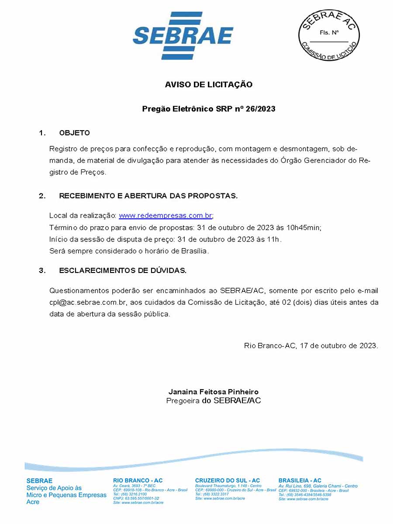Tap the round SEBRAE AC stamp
click(328, 34)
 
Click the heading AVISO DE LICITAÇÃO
click(209, 85)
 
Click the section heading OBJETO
click(75, 133)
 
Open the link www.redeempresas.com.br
click(165, 216)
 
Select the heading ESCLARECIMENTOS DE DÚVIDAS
click(123, 271)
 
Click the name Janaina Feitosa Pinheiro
click(214, 392)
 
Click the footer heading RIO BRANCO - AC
click(138, 480)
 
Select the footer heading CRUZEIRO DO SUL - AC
click(227, 480)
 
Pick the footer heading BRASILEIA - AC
click(300, 480)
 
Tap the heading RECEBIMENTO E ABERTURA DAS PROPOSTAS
click(148, 196)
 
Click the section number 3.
click(42, 271)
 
